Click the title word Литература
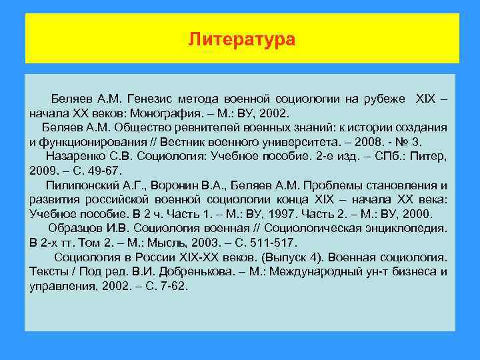coord(241,40)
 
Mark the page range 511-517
coord(271,243)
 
